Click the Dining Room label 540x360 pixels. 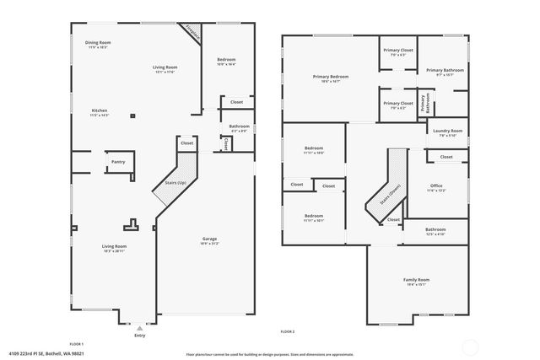[x=99, y=44]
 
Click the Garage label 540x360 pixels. [x=208, y=241]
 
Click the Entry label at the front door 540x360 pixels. [x=139, y=336]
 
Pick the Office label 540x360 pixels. [x=436, y=188]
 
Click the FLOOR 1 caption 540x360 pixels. [x=77, y=344]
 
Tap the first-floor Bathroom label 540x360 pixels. [x=239, y=129]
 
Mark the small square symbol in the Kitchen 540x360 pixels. [x=132, y=116]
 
